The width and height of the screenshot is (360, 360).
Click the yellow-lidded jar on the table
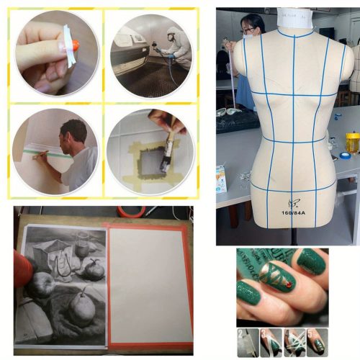[352, 140]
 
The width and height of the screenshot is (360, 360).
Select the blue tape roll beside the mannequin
[345, 155]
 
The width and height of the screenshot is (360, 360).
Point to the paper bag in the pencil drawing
[50, 256]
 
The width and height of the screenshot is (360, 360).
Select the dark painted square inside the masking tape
[149, 161]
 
